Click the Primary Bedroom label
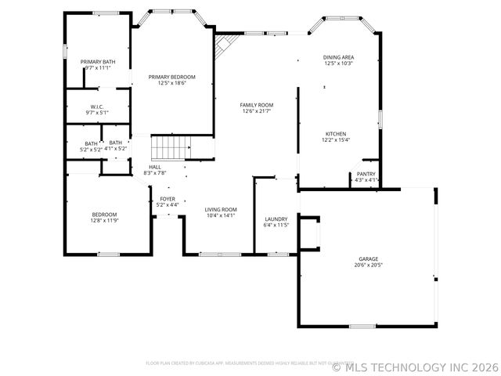tap(172, 77)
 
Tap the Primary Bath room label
tap(98, 62)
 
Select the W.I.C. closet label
tap(97, 107)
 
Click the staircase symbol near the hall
tap(171, 146)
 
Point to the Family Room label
tap(256, 105)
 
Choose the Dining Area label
tap(338, 57)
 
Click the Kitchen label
tap(336, 134)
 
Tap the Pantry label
tap(366, 174)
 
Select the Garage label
tap(368, 258)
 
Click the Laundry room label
tap(276, 219)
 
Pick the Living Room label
tap(221, 209)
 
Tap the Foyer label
tap(168, 199)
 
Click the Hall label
tap(155, 167)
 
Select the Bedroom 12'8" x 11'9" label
tap(104, 215)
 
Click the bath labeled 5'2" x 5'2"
tap(92, 143)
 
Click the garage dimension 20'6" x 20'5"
tap(368, 266)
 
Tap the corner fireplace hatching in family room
tap(224, 45)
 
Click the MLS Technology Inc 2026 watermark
tap(415, 367)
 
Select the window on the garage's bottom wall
tap(363, 326)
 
